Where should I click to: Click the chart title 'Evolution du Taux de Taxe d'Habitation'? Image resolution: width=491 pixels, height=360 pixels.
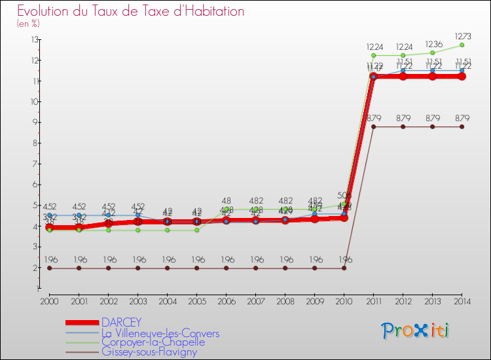pyautogui.click(x=131, y=11)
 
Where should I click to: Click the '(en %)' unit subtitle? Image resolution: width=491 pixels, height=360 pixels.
pyautogui.click(x=28, y=24)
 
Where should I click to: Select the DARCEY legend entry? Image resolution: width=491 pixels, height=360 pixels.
pyautogui.click(x=122, y=323)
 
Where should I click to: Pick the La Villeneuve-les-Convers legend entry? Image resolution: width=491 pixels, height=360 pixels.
pyautogui.click(x=160, y=333)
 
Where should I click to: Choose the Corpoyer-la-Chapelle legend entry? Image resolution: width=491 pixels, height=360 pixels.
pyautogui.click(x=153, y=342)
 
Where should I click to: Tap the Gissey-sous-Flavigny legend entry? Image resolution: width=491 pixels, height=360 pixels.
pyautogui.click(x=149, y=352)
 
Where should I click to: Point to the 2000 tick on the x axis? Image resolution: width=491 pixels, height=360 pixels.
pyautogui.click(x=49, y=301)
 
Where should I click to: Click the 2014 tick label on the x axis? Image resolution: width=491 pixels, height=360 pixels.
pyautogui.click(x=462, y=301)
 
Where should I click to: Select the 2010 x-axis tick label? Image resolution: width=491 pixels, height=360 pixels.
pyautogui.click(x=344, y=301)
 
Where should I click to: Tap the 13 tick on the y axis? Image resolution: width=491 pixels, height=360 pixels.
pyautogui.click(x=33, y=40)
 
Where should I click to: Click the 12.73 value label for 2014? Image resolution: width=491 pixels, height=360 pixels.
pyautogui.click(x=462, y=36)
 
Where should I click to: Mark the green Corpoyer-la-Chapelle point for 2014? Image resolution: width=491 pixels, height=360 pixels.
pyautogui.click(x=462, y=45)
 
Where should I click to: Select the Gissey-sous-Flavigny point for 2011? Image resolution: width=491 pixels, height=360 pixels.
pyautogui.click(x=373, y=126)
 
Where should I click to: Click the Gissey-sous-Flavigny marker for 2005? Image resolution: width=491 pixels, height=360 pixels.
pyautogui.click(x=196, y=268)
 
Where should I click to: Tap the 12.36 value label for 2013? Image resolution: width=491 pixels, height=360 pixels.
pyautogui.click(x=432, y=44)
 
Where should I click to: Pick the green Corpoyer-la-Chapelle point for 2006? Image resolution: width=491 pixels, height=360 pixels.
pyautogui.click(x=226, y=209)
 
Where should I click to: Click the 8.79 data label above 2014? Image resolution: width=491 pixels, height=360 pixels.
pyautogui.click(x=462, y=118)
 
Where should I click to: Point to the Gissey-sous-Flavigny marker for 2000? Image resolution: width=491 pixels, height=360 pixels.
pyautogui.click(x=49, y=268)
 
